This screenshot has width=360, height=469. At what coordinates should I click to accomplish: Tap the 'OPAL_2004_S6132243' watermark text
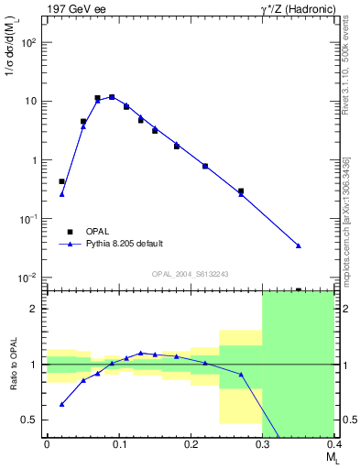click(190, 273)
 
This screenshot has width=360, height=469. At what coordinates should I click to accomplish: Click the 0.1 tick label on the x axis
click(118, 444)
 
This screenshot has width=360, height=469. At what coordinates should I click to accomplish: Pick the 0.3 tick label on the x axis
click(262, 444)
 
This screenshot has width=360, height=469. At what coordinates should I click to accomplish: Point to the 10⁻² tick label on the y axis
click(29, 278)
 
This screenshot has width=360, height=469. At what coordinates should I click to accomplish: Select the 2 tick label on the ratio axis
click(37, 309)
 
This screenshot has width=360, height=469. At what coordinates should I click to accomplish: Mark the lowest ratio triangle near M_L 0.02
click(61, 404)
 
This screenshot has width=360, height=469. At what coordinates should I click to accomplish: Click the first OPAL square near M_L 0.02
click(61, 181)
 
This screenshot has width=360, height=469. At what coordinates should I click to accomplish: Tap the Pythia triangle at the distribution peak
click(112, 96)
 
